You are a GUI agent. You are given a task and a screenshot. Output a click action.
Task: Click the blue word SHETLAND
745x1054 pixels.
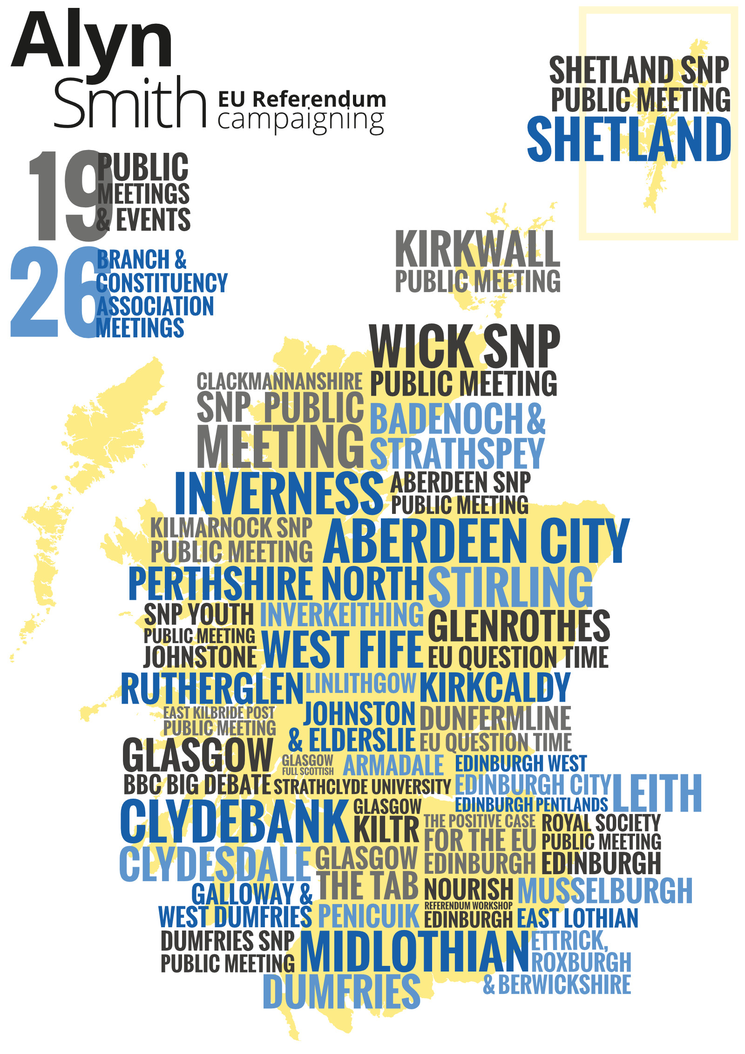pos(629,139)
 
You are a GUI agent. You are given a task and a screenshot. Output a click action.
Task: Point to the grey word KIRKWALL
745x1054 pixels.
pos(477,249)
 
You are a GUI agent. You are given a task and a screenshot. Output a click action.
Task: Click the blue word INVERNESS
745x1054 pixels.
pos(278,493)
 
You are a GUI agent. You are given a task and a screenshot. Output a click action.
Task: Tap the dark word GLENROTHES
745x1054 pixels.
pos(519,626)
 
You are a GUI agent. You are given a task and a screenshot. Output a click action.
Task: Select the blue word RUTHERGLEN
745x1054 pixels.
pos(212,689)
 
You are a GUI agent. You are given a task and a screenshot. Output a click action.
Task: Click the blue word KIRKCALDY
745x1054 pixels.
pos(495,687)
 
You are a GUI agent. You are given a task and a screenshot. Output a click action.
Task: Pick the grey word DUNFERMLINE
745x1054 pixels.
pos(495,718)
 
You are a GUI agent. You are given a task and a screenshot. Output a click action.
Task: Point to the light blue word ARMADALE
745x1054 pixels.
pos(393,765)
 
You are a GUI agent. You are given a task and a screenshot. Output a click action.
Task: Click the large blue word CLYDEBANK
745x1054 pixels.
pos(234,821)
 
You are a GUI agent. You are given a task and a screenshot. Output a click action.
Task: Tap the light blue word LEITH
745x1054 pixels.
pos(657,793)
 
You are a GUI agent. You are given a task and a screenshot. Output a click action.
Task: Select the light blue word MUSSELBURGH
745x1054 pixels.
pos(605,890)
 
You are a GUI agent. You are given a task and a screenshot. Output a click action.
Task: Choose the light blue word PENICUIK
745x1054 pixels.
pos(369,916)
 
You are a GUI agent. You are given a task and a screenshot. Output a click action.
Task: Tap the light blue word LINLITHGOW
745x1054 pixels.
pos(361,683)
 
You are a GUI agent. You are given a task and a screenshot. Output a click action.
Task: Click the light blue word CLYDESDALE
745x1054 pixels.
pos(215,864)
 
